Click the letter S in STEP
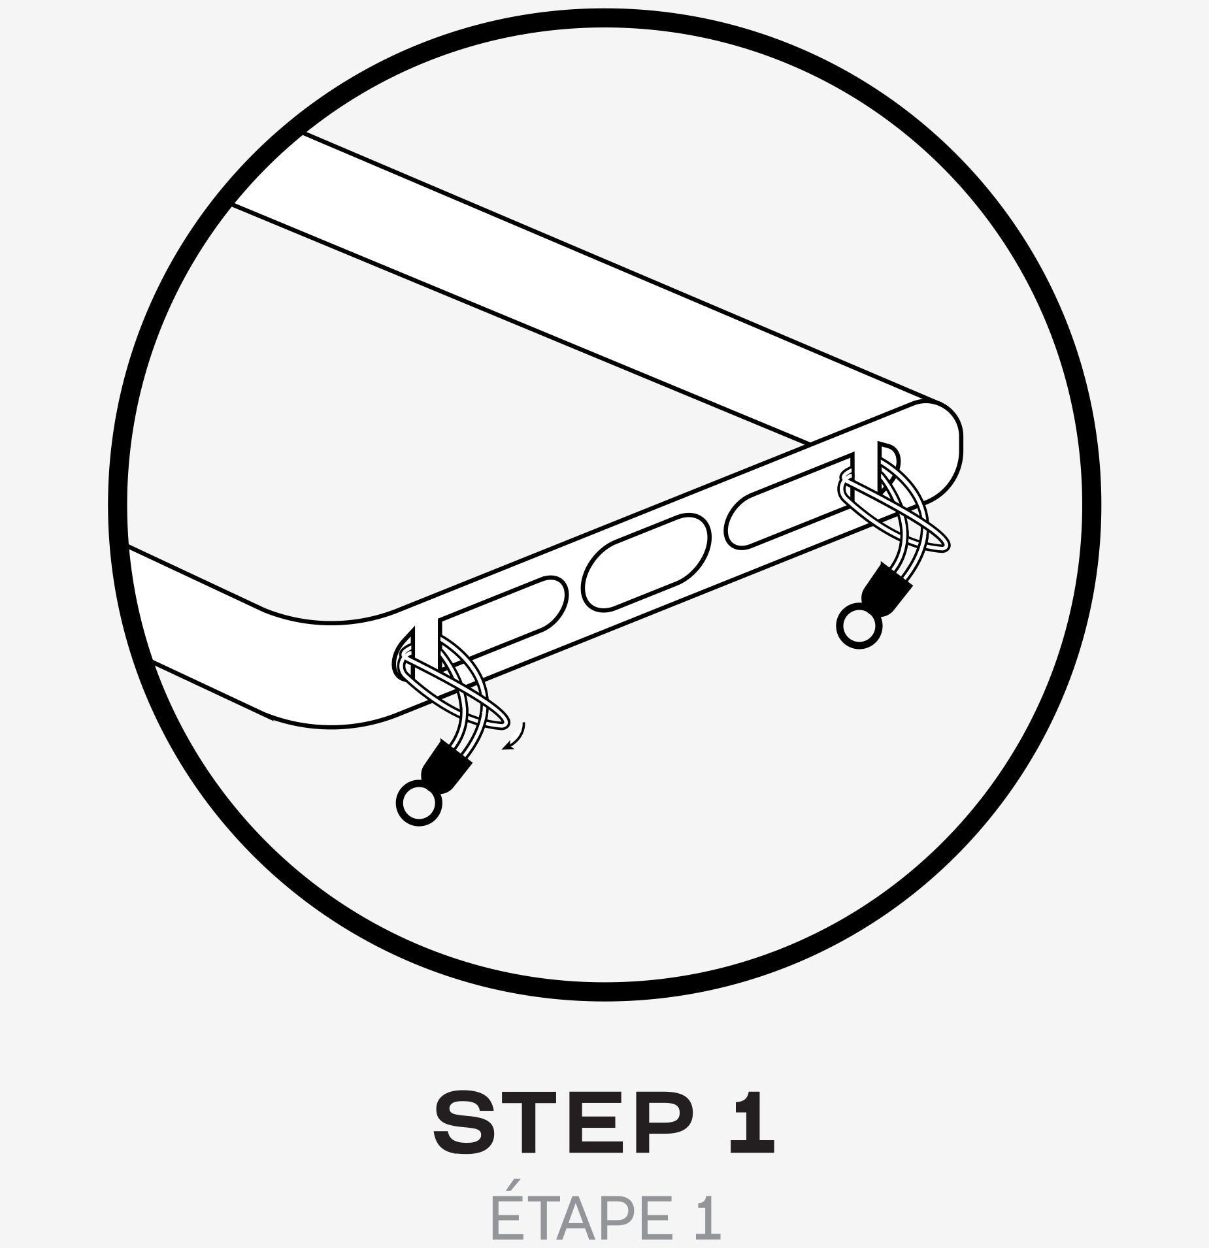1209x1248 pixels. (464, 1123)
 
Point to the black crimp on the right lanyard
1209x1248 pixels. (886, 587)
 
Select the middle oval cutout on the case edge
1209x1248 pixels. (646, 563)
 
